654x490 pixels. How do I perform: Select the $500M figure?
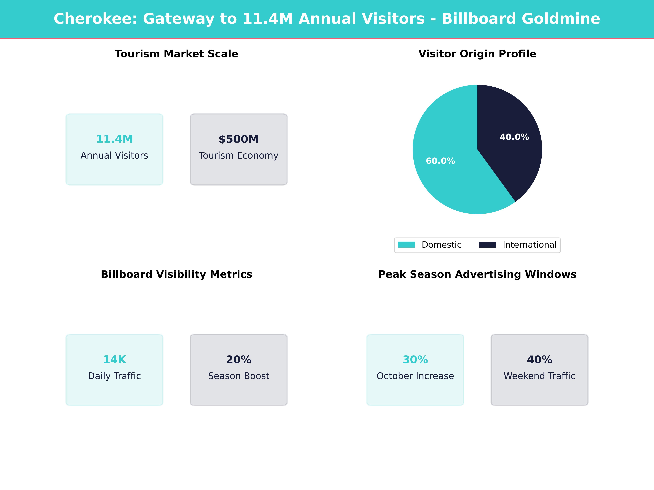239,139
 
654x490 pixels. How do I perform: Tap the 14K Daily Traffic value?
114,359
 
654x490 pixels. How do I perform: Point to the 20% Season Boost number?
239,359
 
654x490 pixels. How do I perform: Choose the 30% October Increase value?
415,359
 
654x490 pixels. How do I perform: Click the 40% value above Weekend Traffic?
539,359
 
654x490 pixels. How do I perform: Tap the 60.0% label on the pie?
440,161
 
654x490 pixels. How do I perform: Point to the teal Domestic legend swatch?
406,245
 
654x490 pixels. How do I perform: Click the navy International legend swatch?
487,245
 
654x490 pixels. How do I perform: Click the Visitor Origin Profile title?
477,54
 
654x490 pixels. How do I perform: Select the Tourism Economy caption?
239,155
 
